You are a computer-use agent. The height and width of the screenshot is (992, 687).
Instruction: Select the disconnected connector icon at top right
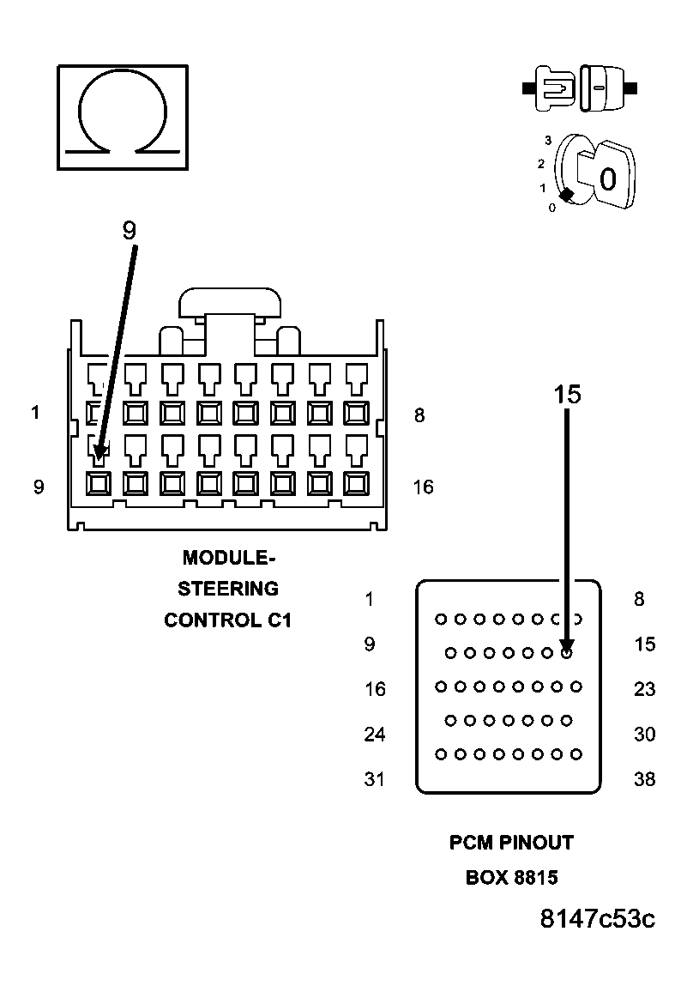click(579, 88)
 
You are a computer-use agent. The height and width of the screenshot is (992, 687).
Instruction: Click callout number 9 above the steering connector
click(129, 230)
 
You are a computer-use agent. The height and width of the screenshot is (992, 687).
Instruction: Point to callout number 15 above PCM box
click(567, 394)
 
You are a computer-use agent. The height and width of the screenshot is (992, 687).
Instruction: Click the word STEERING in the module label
click(228, 589)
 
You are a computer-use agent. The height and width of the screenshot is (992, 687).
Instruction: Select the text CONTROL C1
click(228, 620)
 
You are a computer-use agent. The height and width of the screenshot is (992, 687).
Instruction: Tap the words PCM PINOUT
click(511, 843)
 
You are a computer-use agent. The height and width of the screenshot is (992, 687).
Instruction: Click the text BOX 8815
click(511, 878)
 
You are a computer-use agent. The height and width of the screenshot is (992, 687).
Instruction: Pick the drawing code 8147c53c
click(597, 919)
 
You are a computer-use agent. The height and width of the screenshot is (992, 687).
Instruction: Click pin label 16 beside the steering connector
click(423, 487)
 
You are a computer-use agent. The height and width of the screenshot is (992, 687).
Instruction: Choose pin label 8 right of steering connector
click(419, 415)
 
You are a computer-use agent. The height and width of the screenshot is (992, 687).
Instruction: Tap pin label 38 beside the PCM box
click(644, 779)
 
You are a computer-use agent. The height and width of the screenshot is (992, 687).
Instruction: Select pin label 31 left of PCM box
click(375, 779)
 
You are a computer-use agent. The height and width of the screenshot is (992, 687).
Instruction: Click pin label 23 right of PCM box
click(644, 689)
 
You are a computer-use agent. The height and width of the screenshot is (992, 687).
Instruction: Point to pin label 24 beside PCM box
click(375, 735)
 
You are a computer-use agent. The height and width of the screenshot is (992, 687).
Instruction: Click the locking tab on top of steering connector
click(230, 305)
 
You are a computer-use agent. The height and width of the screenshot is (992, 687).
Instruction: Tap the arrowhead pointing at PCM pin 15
click(567, 646)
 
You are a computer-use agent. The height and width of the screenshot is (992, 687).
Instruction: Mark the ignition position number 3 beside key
click(548, 140)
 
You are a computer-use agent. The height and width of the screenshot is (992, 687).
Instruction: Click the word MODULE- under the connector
click(228, 558)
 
